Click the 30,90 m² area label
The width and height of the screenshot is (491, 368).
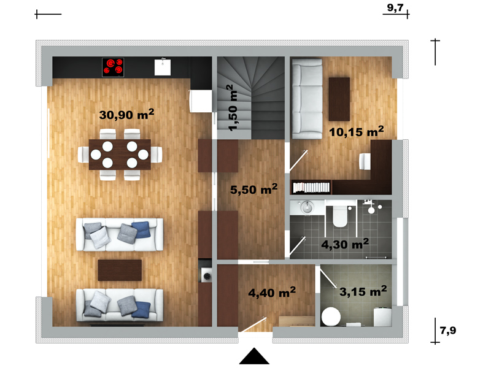126,115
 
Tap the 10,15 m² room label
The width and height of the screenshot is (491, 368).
357,131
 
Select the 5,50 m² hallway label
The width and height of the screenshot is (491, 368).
253,189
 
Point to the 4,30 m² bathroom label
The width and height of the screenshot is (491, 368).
345,243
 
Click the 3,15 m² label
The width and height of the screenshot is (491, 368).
363,291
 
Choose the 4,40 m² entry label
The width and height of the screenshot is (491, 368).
272,293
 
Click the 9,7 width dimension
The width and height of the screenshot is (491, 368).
395,7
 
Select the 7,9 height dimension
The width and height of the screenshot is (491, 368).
448,330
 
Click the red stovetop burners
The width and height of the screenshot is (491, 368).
113,67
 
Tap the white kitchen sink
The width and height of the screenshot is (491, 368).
163,67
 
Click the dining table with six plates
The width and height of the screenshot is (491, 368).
120,155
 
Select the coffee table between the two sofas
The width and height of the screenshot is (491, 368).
120,270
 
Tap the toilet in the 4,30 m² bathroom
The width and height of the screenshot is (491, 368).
340,216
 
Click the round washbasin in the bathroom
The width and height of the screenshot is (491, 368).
307,207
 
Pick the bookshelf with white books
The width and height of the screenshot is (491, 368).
311,187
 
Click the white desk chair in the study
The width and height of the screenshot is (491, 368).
365,161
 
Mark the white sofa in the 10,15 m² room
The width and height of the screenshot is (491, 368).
307,99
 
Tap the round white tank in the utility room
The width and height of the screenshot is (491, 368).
331,316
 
